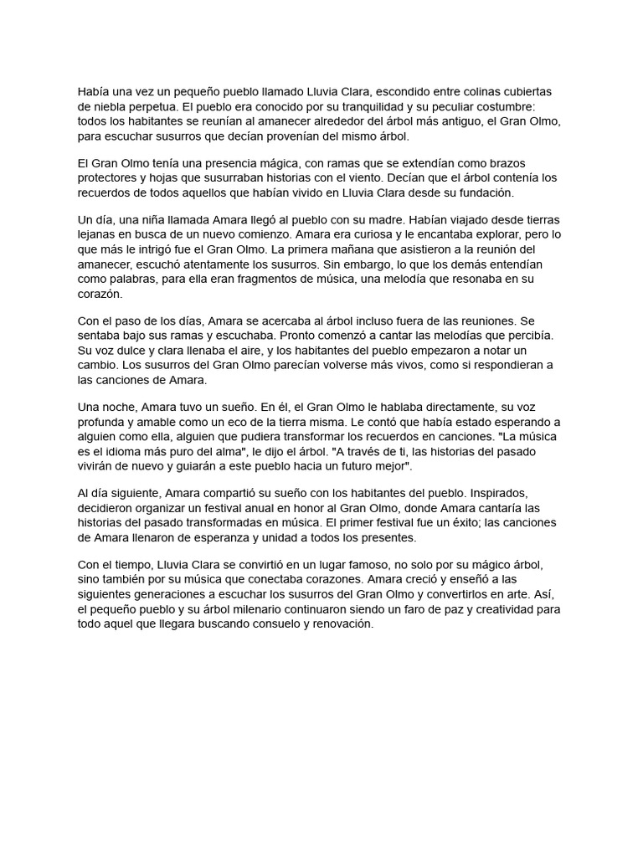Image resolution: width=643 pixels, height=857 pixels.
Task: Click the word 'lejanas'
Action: click(98, 235)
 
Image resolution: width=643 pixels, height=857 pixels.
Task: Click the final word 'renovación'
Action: click(339, 625)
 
